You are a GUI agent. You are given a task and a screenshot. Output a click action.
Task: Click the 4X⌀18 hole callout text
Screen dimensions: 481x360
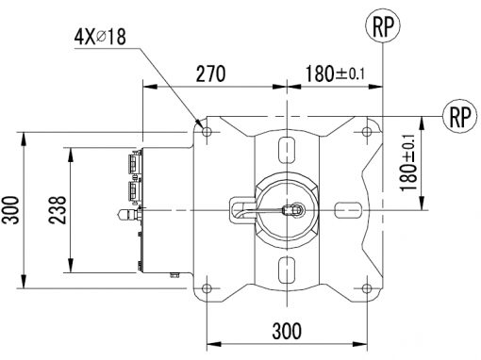point(100,37)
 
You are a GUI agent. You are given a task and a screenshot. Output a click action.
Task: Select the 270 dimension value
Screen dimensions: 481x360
point(210,74)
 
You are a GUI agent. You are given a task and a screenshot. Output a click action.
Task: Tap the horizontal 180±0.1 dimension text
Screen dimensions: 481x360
point(335,74)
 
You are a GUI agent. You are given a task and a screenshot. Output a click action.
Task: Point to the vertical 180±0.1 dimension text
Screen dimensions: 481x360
point(408,163)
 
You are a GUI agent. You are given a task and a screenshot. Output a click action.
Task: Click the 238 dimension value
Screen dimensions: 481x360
point(58,210)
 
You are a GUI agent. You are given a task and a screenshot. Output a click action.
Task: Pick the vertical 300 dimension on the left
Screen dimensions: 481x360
point(10,210)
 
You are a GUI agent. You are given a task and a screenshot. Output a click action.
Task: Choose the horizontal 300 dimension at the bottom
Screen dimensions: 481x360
point(287,331)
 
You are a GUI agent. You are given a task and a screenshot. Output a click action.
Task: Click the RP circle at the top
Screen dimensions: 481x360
point(383,26)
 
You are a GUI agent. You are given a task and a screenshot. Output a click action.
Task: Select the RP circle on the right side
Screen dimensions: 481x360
point(459,116)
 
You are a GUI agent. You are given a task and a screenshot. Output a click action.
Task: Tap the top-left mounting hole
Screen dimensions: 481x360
point(207,131)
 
